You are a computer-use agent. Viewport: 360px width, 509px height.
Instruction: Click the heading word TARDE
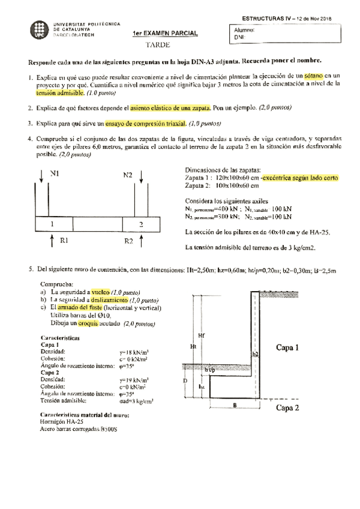[x=158, y=45]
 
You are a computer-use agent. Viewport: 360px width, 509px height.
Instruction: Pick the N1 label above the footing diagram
[x=55, y=174]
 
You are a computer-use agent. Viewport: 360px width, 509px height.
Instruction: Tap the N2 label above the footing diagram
[x=128, y=175]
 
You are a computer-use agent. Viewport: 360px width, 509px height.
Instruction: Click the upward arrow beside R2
[x=141, y=241]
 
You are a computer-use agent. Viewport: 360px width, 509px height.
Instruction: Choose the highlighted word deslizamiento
[x=109, y=299]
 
